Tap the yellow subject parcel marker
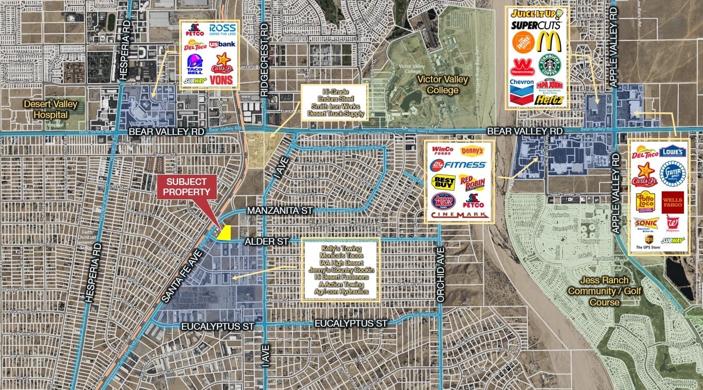pyautogui.click(x=225, y=234)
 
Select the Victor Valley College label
pyautogui.click(x=442, y=85)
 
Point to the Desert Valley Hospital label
pyautogui.click(x=51, y=109)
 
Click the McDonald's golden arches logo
pyautogui.click(x=548, y=42)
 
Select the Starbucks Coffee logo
pyautogui.click(x=549, y=65)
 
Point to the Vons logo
pyautogui.click(x=221, y=80)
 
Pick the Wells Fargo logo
pyautogui.click(x=673, y=202)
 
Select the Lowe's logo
pyautogui.click(x=673, y=151)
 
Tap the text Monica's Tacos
pyautogui.click(x=340, y=256)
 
